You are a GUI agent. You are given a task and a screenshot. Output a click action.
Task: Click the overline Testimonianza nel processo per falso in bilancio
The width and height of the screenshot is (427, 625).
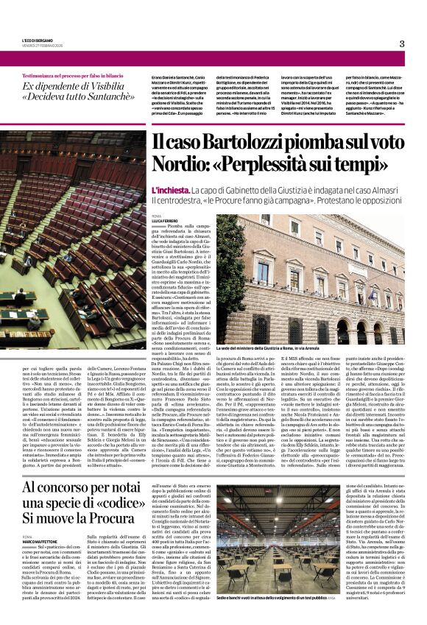click(x=71, y=76)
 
